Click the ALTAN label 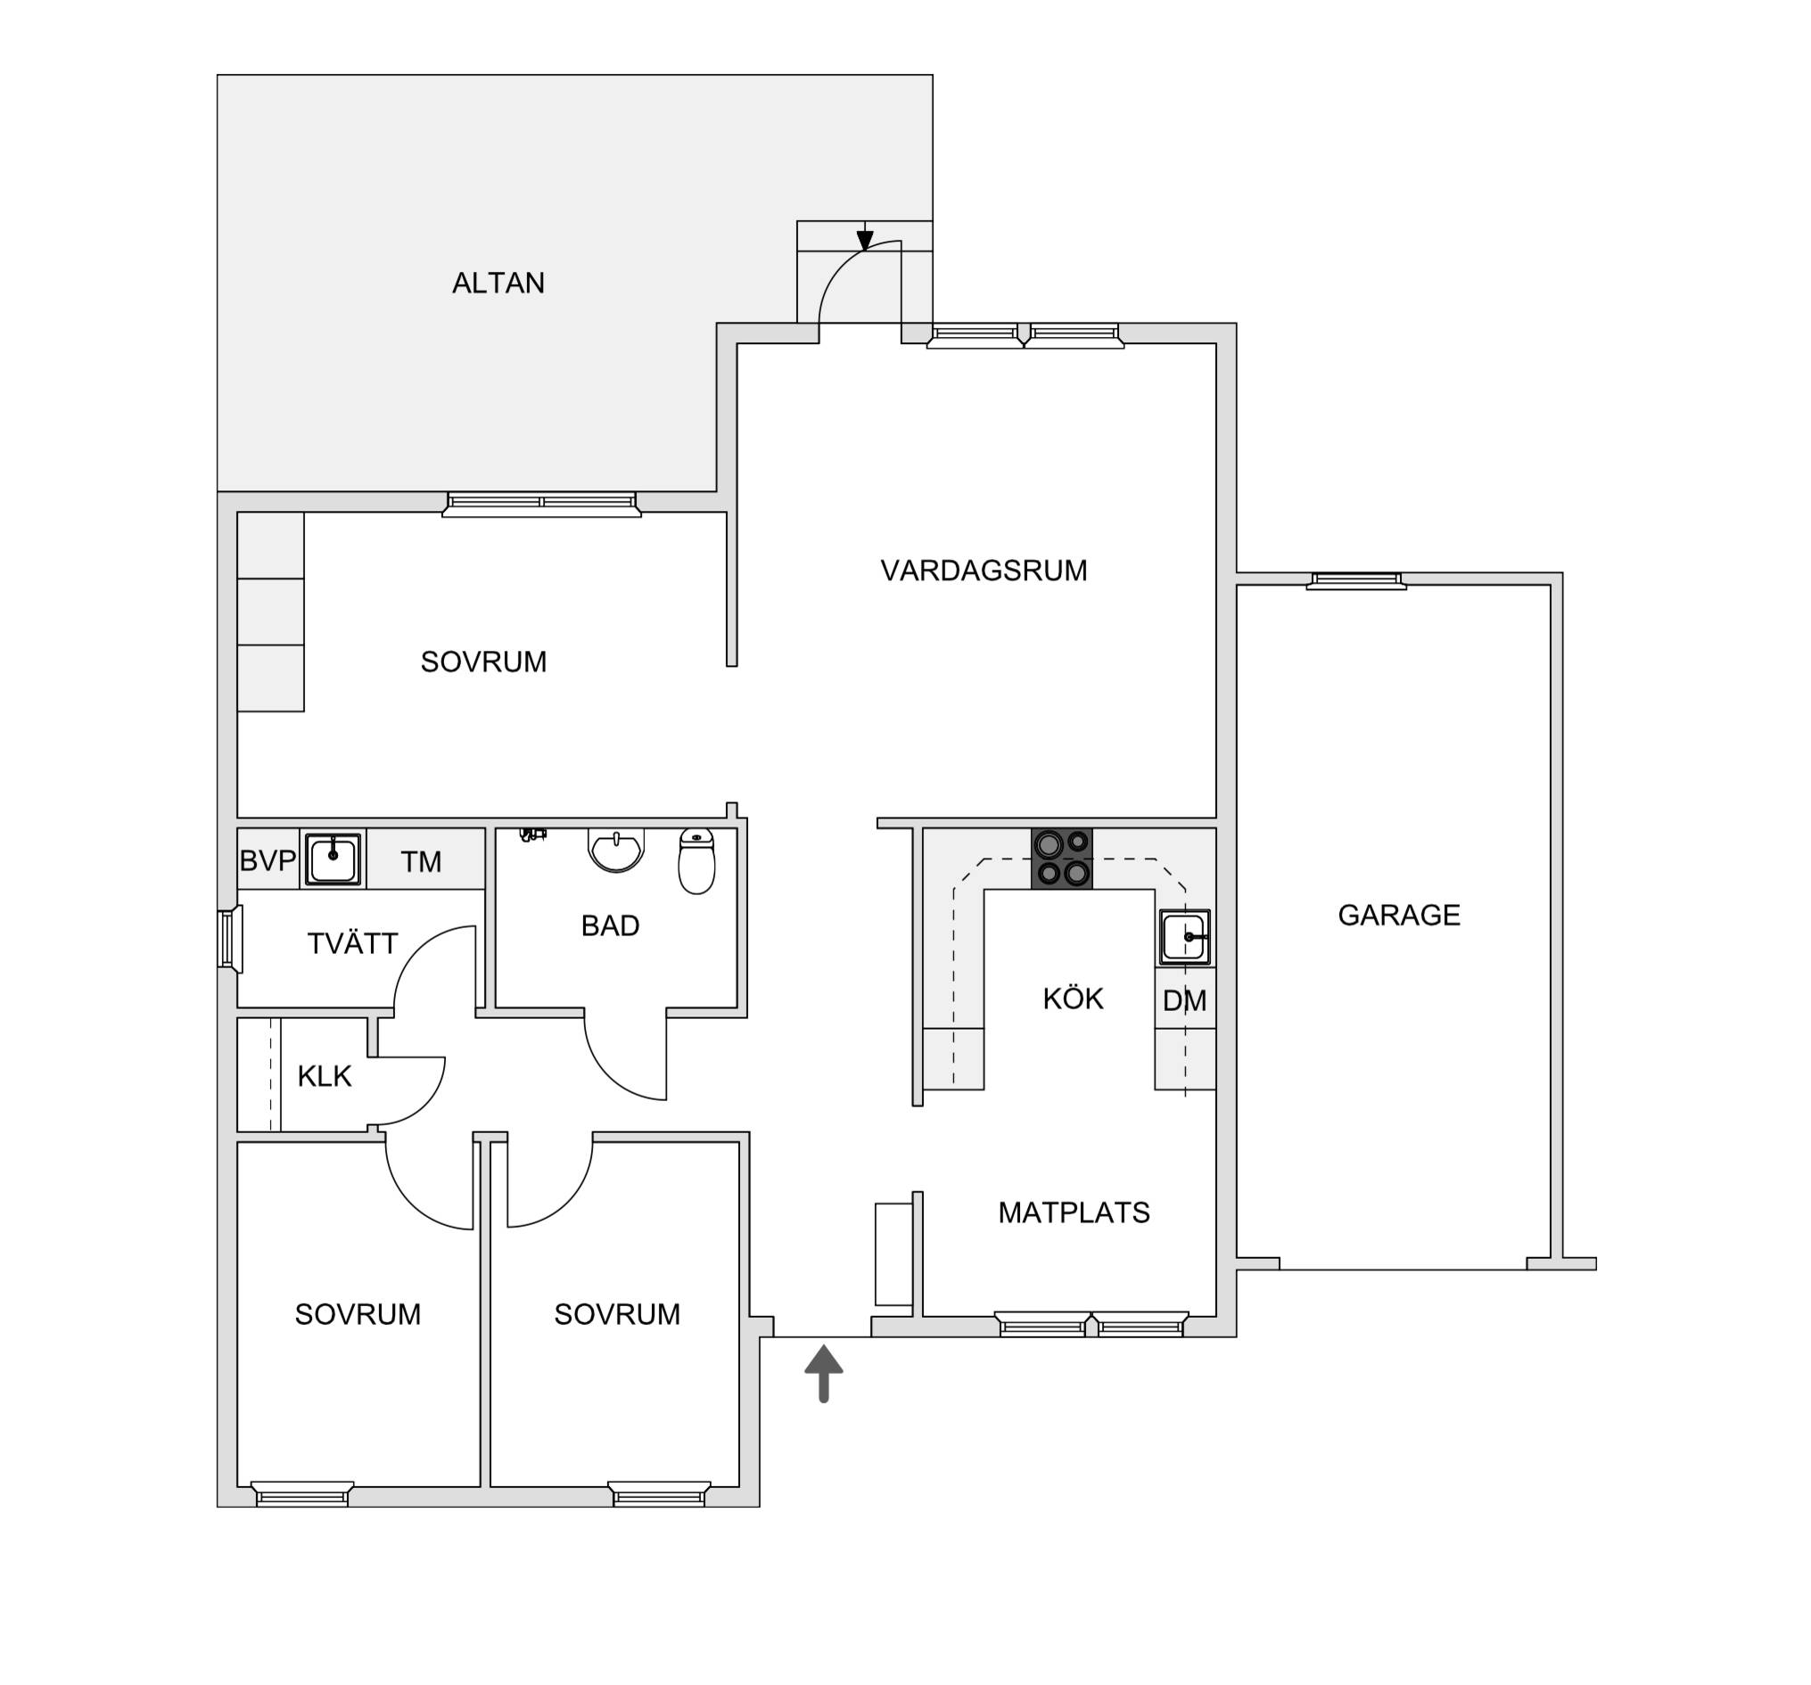pyautogui.click(x=498, y=284)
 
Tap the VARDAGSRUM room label pyautogui.click(x=984, y=571)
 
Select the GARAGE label pyautogui.click(x=1398, y=915)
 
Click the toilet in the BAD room pyautogui.click(x=697, y=860)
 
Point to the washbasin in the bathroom pyautogui.click(x=617, y=849)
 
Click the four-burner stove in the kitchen pyautogui.click(x=1061, y=858)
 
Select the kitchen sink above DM pyautogui.click(x=1185, y=937)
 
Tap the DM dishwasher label pyautogui.click(x=1184, y=1001)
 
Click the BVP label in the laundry pyautogui.click(x=268, y=860)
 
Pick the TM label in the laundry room pyautogui.click(x=421, y=861)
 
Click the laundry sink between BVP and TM pyautogui.click(x=333, y=858)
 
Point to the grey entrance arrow pyautogui.click(x=824, y=1373)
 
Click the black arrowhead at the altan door pyautogui.click(x=865, y=241)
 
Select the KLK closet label pyautogui.click(x=325, y=1077)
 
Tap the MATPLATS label pyautogui.click(x=1074, y=1212)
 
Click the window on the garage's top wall pyautogui.click(x=1356, y=580)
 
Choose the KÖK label pyautogui.click(x=1073, y=999)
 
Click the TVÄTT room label pyautogui.click(x=352, y=943)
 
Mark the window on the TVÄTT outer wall pyautogui.click(x=228, y=939)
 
